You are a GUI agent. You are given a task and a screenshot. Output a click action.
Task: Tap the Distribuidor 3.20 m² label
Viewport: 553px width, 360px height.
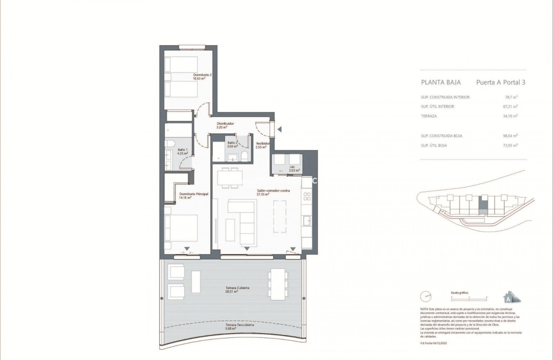(x=225, y=125)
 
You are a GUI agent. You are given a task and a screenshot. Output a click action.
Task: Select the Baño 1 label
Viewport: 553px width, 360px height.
(x=182, y=151)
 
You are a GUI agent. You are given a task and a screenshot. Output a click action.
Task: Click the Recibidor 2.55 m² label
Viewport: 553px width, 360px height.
(x=263, y=145)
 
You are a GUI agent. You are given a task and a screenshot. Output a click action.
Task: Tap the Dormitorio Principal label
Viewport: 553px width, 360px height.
(x=194, y=196)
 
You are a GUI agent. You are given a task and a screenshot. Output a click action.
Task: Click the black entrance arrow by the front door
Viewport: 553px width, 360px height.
(x=279, y=129)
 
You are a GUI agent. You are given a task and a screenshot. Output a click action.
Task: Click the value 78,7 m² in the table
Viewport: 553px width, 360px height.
(x=511, y=97)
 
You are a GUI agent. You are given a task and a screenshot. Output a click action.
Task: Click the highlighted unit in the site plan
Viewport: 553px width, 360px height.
(x=483, y=206)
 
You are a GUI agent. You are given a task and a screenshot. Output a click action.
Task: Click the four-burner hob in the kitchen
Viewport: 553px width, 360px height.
(x=307, y=196)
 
